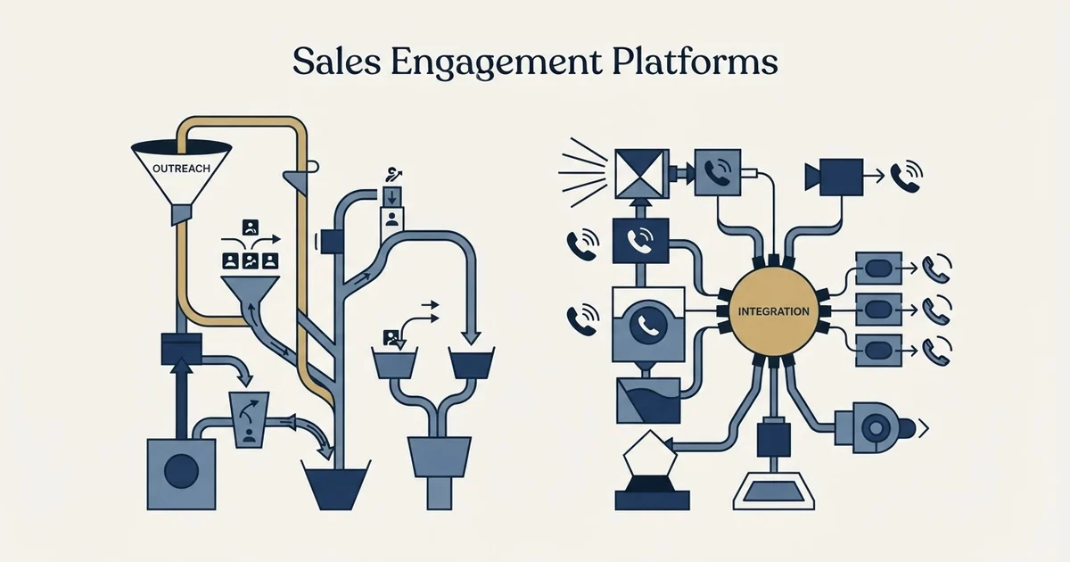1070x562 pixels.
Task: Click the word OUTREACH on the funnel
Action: coord(181,169)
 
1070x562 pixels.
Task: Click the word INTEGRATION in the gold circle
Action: coord(773,311)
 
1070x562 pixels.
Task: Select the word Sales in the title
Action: coord(337,62)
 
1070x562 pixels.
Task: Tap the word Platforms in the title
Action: coord(695,62)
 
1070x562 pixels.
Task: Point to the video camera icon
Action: coord(834,178)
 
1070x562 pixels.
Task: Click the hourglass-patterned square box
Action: coord(641,174)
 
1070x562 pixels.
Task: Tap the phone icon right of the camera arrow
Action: coord(906,177)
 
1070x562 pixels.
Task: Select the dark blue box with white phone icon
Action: coord(640,240)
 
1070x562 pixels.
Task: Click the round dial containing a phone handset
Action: coord(648,325)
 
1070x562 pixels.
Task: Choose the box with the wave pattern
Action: coord(648,401)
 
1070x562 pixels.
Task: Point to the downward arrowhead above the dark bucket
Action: coord(471,337)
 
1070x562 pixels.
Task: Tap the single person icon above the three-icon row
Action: coord(251,227)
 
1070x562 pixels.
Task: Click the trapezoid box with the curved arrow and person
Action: coord(249,420)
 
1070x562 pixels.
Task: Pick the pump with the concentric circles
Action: coord(875,428)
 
